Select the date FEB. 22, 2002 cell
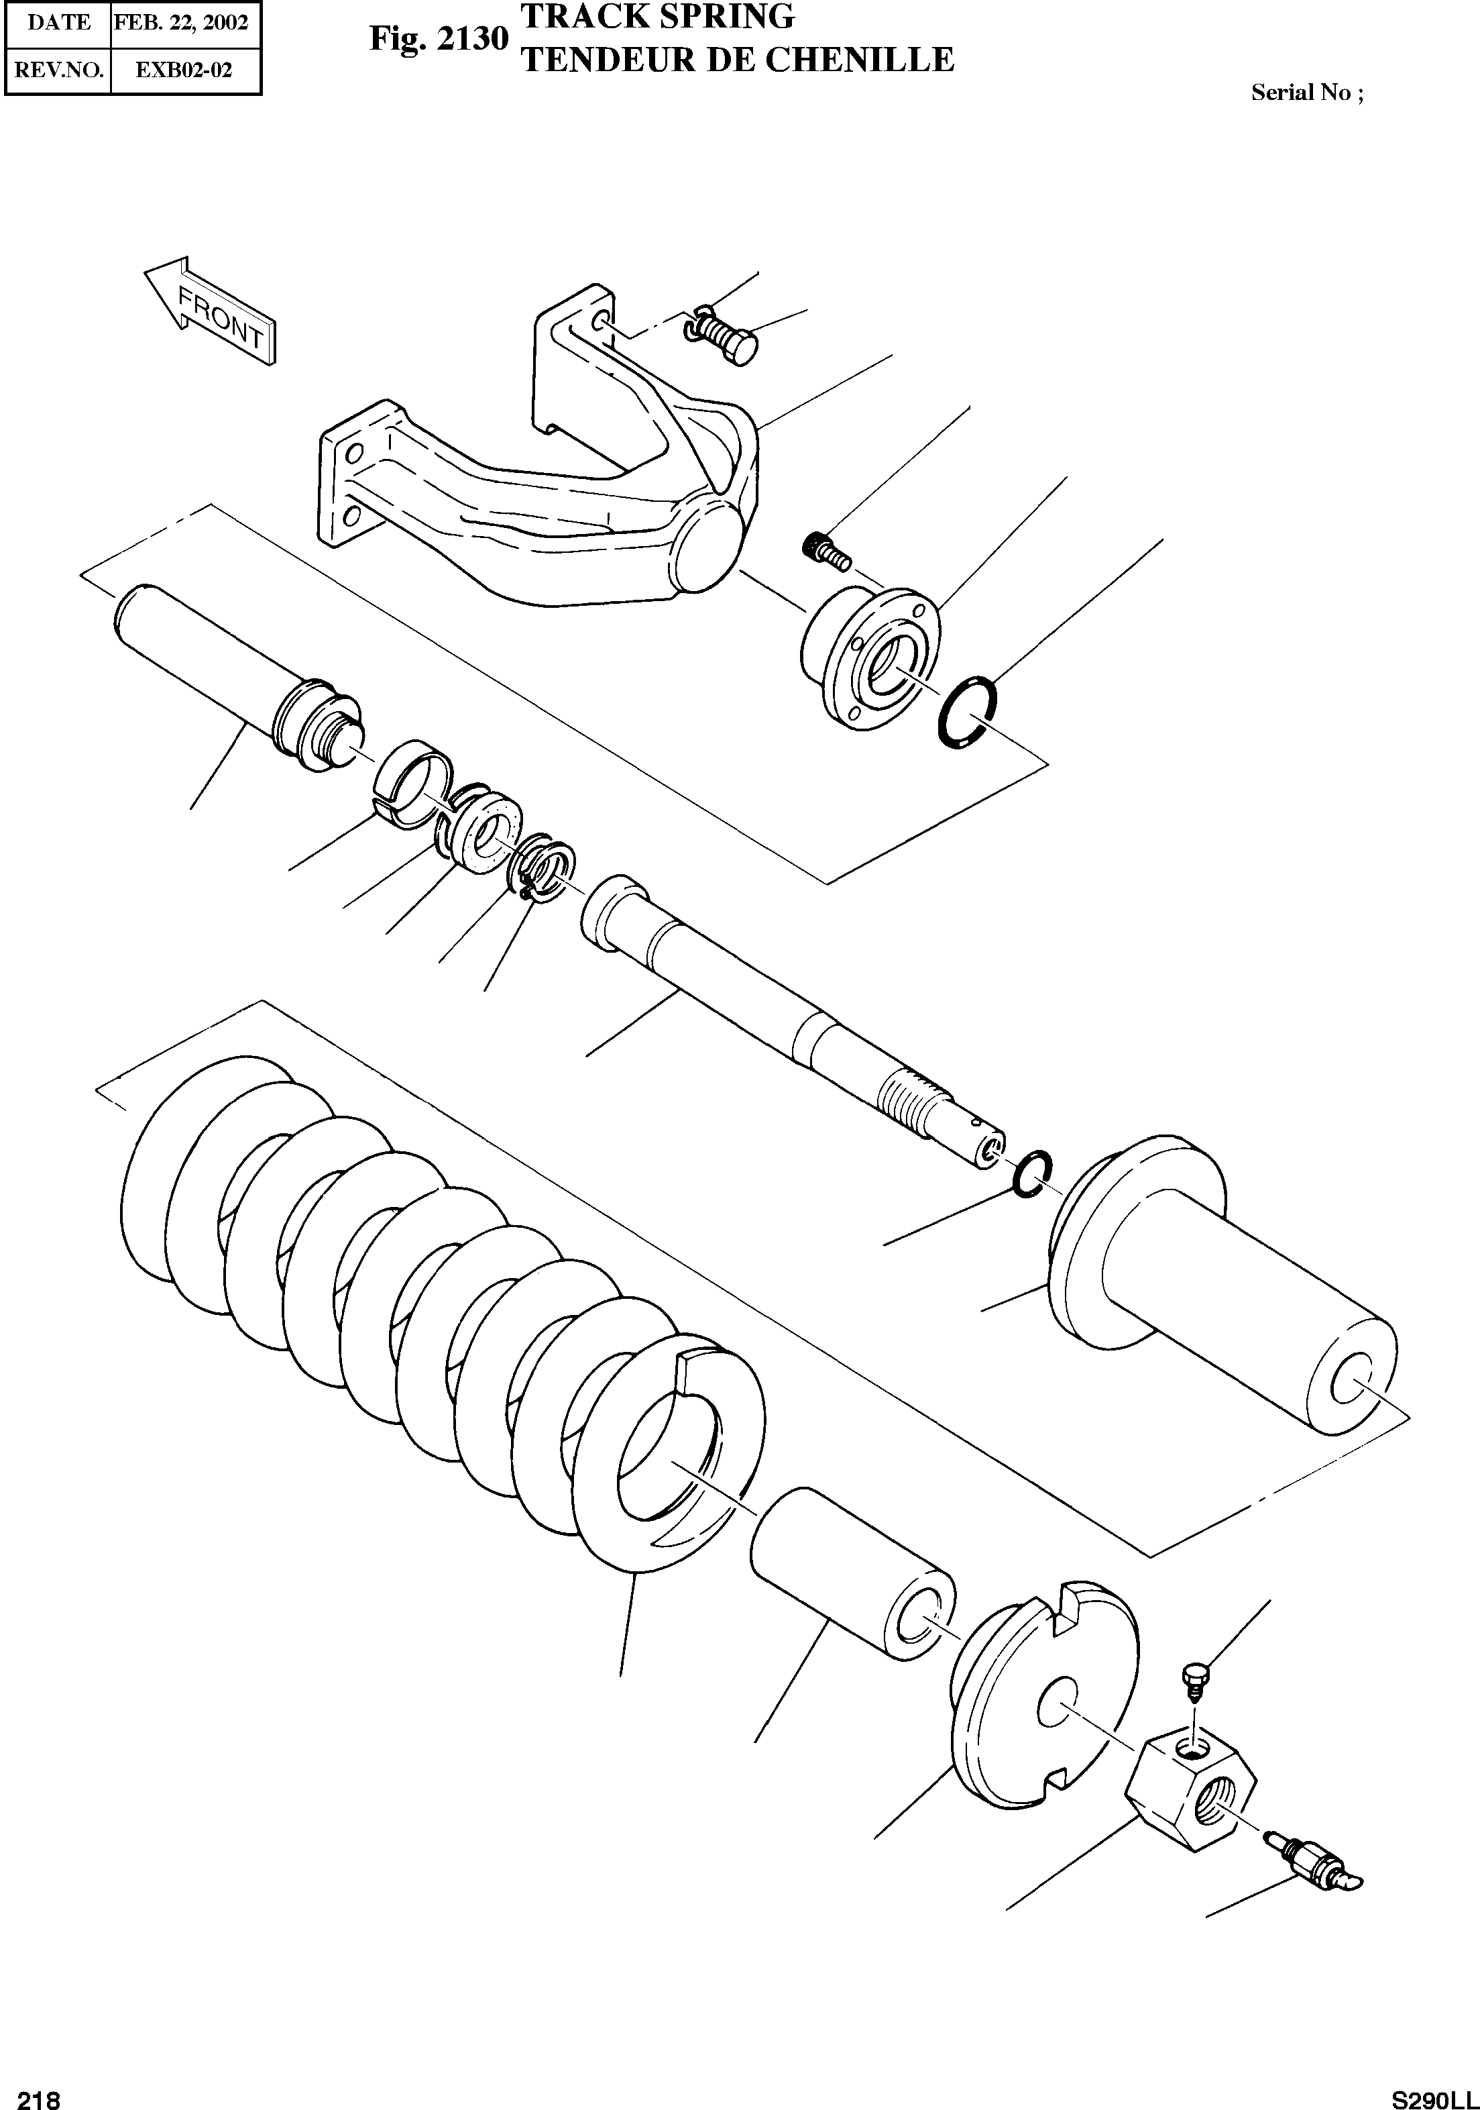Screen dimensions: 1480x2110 [182, 22]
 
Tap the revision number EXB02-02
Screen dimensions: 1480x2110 [184, 70]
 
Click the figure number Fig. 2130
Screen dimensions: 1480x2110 [438, 39]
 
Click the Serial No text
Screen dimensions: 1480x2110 [1306, 93]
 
